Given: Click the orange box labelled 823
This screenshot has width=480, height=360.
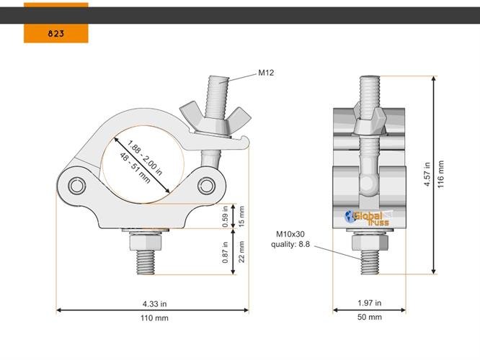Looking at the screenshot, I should pos(55,33).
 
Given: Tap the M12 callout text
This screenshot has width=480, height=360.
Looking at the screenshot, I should pos(266,73).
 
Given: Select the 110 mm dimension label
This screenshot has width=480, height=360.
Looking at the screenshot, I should pos(151,318).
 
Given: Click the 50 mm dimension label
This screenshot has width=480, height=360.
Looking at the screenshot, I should pos(369,318).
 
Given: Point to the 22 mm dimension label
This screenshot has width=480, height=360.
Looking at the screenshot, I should pos(241,251).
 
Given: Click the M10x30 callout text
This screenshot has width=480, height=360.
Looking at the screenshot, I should pos(292,233).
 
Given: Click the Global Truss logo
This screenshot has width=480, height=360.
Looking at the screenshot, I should pos(368,217).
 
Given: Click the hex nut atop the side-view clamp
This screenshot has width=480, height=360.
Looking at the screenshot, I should pos(368,119).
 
